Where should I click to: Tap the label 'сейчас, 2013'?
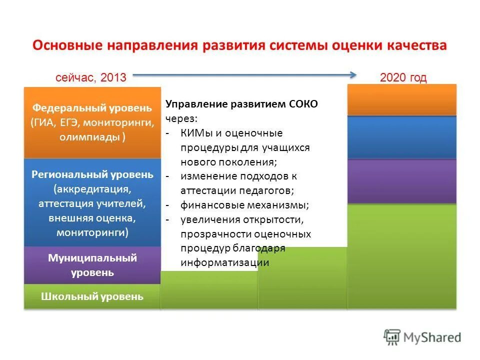click(90, 77)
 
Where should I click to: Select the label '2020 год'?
click(403, 77)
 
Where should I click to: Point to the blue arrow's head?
click(353, 75)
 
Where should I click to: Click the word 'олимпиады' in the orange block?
click(89, 137)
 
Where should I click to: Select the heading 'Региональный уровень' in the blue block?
click(92, 174)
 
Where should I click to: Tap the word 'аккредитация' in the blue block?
click(92, 189)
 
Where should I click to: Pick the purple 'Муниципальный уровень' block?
click(92, 265)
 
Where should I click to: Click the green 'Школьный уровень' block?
click(92, 296)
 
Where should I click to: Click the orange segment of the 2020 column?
click(402, 100)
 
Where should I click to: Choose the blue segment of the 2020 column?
click(402, 137)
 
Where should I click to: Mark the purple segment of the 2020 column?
click(402, 181)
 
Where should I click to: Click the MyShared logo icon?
click(393, 337)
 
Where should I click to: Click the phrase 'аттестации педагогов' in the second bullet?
click(237, 190)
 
